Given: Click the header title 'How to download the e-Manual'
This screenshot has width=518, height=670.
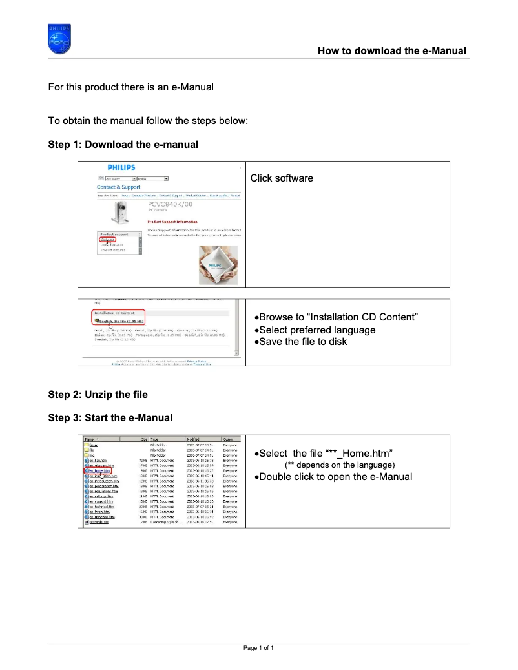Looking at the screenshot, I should click(x=391, y=50).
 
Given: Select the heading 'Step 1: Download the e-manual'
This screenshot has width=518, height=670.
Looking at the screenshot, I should click(x=123, y=144).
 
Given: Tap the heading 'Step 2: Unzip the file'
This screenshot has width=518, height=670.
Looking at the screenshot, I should click(x=98, y=394).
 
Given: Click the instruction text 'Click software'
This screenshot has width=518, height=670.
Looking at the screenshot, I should click(x=282, y=178).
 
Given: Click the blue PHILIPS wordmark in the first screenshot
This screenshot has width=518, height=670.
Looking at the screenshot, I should click(x=121, y=167).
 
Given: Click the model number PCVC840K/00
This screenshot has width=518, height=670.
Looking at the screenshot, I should click(x=170, y=205).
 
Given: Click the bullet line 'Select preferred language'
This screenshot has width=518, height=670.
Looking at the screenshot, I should click(x=315, y=330).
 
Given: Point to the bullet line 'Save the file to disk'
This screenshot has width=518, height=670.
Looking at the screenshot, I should click(x=301, y=341).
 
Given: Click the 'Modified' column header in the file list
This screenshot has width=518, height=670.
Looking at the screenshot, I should click(x=193, y=439).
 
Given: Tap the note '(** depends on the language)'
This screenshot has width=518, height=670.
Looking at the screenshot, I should click(x=339, y=465).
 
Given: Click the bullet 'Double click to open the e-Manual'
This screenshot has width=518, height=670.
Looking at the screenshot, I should click(x=333, y=477).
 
